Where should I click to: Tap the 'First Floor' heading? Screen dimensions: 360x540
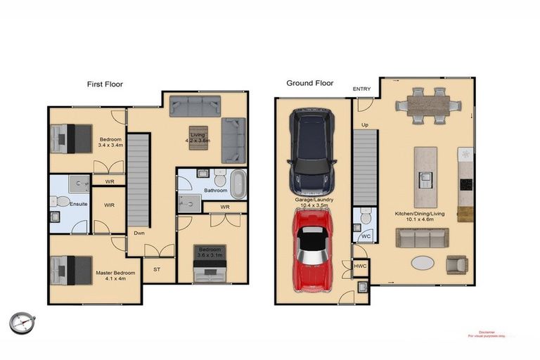tap(105, 84)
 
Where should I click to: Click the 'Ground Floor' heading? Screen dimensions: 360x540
tap(309, 83)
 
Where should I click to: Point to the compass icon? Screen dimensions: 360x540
tap(22, 323)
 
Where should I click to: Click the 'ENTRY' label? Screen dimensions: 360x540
tap(361, 89)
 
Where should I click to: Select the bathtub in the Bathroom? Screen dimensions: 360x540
tap(239, 183)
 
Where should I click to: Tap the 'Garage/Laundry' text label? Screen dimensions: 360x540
tap(314, 200)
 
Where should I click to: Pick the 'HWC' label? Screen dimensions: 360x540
tap(361, 266)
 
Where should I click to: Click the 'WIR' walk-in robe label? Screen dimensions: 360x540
tap(109, 205)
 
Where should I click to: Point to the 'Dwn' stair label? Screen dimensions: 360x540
tap(140, 233)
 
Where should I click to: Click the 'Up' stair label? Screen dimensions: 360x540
tap(364, 125)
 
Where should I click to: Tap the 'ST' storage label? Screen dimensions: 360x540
tap(156, 269)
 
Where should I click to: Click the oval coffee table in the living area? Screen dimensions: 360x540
tap(423, 263)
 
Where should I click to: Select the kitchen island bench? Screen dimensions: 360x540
tap(425, 167)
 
